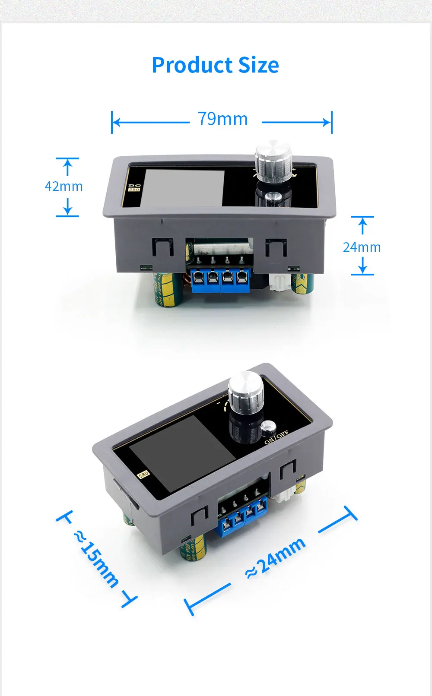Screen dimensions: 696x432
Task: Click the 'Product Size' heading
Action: coord(215,65)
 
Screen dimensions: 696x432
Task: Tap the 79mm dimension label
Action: coord(223,119)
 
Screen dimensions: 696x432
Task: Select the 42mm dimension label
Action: coord(64,186)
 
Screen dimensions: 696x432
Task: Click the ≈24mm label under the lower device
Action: coord(276,558)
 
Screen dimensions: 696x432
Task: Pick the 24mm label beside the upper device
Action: coord(362,247)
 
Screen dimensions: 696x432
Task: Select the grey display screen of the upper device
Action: coord(184,188)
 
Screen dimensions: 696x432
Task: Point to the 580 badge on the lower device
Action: coord(143,474)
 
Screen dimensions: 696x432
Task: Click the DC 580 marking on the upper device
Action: coord(134,187)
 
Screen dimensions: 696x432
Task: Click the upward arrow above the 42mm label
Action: coord(67,167)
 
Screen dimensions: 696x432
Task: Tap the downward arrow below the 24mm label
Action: coord(362,266)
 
